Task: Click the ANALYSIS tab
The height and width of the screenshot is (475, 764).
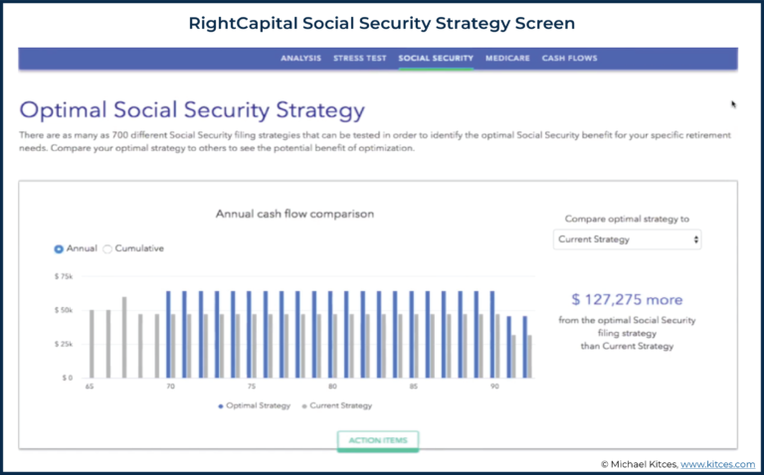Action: [300, 59]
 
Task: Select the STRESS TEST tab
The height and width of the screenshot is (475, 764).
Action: [359, 59]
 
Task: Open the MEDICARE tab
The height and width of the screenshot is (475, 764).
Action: [507, 59]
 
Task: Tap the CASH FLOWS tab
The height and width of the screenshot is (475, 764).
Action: [569, 59]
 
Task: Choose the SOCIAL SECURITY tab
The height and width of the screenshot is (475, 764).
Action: [436, 59]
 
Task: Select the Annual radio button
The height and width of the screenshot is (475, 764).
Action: [59, 248]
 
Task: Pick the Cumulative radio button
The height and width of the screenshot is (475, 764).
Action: [107, 248]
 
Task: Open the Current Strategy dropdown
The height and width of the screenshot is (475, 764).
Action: [627, 239]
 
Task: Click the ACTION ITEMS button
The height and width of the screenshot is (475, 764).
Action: [378, 439]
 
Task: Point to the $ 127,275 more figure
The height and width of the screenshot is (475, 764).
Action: [627, 299]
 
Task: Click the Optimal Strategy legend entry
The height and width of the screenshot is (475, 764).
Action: [254, 405]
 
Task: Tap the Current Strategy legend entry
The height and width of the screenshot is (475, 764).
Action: [339, 405]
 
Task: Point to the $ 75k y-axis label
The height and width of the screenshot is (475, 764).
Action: [65, 275]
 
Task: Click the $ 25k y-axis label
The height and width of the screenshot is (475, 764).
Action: [65, 344]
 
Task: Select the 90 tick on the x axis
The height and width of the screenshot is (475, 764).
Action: [494, 387]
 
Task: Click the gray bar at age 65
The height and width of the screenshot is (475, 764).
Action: [92, 344]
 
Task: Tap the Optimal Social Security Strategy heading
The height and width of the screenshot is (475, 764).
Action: [192, 110]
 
